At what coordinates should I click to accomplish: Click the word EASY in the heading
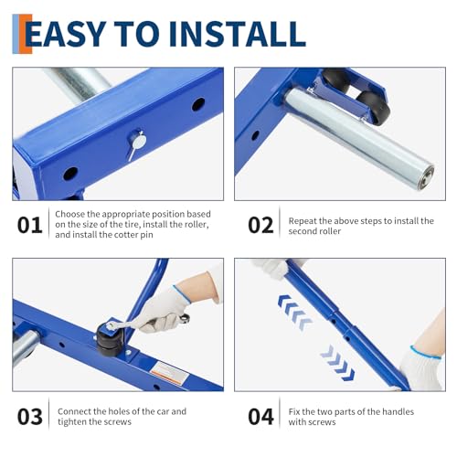tap(65, 33)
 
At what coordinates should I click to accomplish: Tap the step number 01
tap(29, 225)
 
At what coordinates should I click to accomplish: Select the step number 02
tap(260, 225)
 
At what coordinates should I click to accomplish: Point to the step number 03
tap(29, 417)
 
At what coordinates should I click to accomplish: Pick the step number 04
tap(260, 417)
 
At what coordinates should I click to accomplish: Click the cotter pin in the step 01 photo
tap(136, 144)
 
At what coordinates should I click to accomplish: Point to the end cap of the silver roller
tap(426, 177)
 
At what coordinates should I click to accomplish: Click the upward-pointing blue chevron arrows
tap(294, 313)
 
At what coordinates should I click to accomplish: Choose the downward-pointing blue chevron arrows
tap(337, 363)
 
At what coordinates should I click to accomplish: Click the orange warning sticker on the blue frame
tap(169, 374)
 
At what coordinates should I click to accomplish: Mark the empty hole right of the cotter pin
tap(198, 104)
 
